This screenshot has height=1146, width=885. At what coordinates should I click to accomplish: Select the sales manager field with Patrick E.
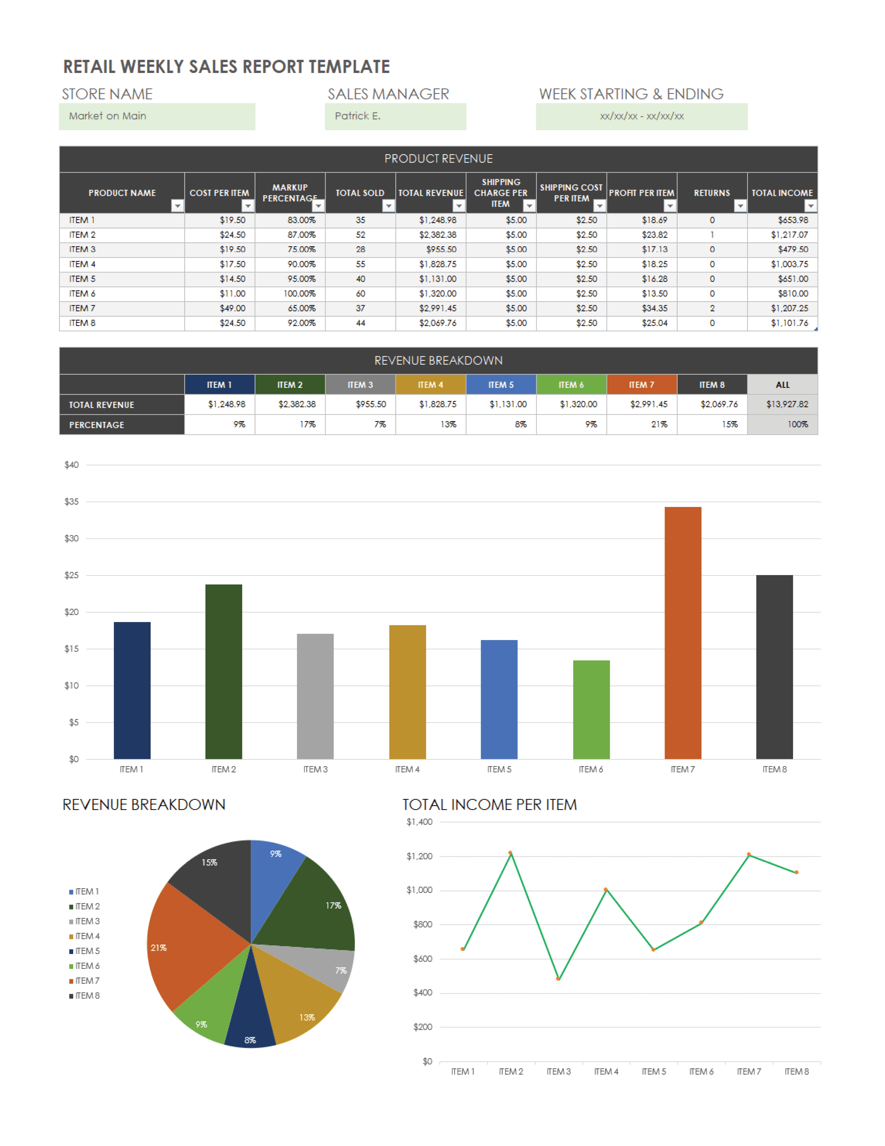(x=395, y=116)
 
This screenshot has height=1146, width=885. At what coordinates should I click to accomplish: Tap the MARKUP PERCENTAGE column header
(x=289, y=193)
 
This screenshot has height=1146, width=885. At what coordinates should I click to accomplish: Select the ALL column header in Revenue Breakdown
(x=782, y=385)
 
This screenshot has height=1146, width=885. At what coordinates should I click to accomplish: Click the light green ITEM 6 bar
(x=591, y=709)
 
